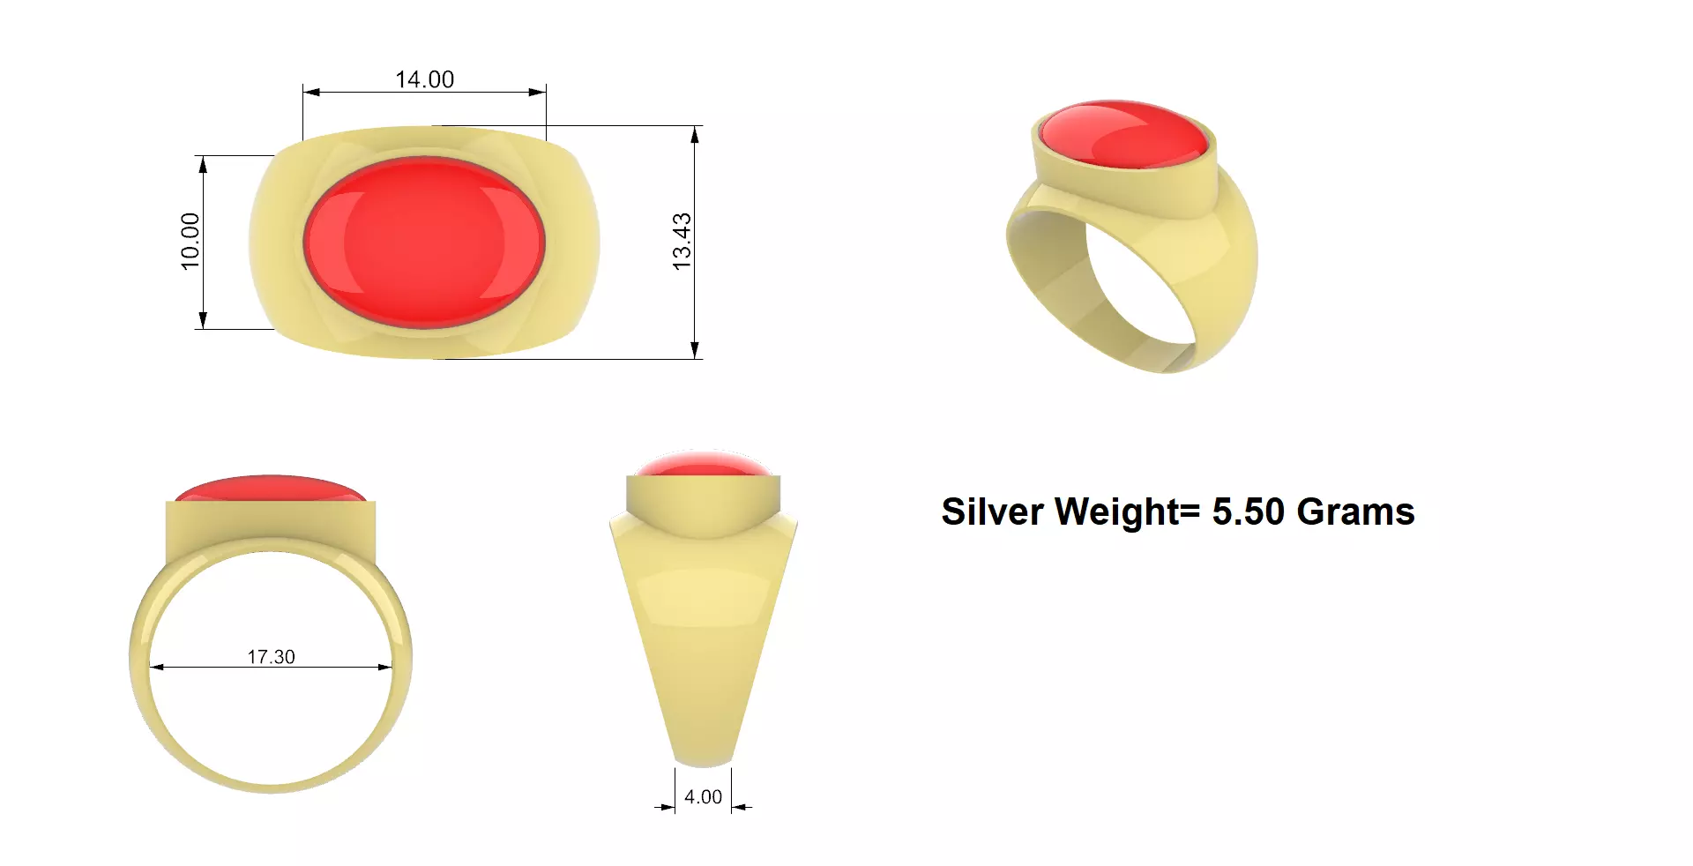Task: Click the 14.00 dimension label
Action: click(x=424, y=79)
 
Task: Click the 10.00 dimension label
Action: click(x=190, y=241)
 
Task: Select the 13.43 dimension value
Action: click(x=682, y=241)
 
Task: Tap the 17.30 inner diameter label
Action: click(x=271, y=657)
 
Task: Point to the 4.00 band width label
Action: click(x=703, y=797)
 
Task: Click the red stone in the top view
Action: click(x=424, y=243)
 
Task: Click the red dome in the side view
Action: click(x=703, y=464)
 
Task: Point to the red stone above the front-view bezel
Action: click(x=271, y=489)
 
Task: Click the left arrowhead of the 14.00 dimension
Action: click(x=310, y=92)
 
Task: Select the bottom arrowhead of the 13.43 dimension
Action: click(x=695, y=351)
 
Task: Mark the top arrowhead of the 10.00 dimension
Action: click(x=204, y=163)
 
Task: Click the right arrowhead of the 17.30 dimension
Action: click(x=385, y=668)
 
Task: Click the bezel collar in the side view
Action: click(x=703, y=497)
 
